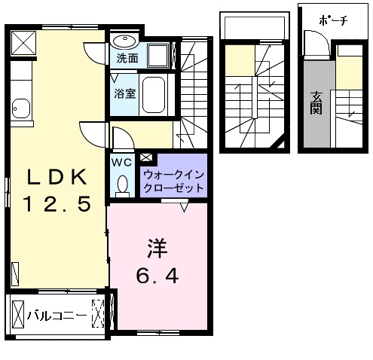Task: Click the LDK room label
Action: click(57, 177)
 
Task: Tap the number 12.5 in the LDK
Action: click(57, 204)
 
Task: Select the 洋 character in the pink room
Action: click(157, 249)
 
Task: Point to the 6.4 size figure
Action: click(157, 276)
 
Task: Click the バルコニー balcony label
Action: click(57, 315)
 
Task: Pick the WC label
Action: click(121, 163)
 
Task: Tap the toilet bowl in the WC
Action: click(122, 184)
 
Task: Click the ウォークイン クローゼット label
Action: click(174, 182)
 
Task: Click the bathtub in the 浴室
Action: click(154, 95)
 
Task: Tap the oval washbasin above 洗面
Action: click(124, 41)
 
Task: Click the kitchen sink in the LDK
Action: click(21, 108)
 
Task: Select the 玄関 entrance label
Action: click(316, 103)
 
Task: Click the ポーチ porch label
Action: click(333, 20)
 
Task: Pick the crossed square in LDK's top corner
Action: click(23, 43)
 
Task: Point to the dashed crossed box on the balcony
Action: click(98, 313)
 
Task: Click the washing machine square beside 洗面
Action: click(158, 56)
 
